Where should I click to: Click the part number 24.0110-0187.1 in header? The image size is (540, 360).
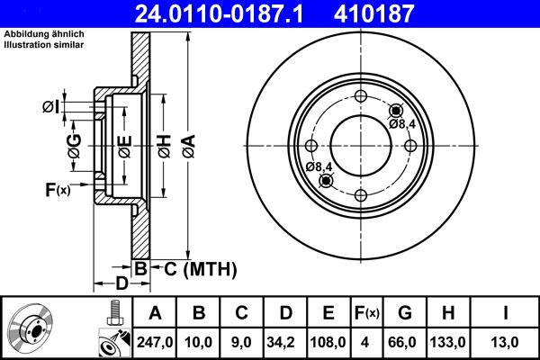point(219,13)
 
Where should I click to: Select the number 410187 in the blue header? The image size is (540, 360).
point(373,13)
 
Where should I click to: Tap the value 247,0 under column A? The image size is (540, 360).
point(155,342)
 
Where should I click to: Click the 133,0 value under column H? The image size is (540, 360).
point(447,342)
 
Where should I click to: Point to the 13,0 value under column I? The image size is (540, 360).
point(504,342)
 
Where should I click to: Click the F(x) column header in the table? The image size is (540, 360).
point(367,313)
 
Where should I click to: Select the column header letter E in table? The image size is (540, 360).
point(328,313)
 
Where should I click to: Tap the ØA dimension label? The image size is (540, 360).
point(189,146)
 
